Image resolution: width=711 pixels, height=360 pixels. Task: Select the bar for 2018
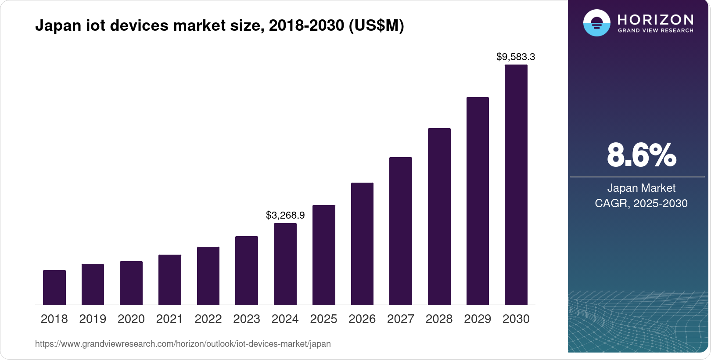(x=54, y=288)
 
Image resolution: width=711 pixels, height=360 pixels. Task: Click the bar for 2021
(x=170, y=280)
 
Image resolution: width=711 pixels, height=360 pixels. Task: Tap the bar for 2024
(x=285, y=264)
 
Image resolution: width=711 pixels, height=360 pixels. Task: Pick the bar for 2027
(x=400, y=231)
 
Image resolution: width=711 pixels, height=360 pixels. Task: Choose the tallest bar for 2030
(x=516, y=185)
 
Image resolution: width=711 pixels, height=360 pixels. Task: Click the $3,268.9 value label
(x=285, y=215)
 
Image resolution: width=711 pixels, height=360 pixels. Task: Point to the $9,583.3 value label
(x=516, y=57)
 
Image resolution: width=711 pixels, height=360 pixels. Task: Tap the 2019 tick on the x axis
(x=93, y=319)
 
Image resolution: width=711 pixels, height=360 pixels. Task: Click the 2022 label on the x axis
(x=208, y=319)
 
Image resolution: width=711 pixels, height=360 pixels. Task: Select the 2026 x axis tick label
(x=362, y=319)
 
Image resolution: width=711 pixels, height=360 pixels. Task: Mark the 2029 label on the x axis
(x=478, y=319)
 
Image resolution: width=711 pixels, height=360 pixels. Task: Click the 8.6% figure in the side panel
(x=641, y=155)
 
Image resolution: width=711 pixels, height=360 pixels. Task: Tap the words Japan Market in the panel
(x=641, y=188)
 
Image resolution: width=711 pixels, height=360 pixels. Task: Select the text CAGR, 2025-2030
(x=641, y=203)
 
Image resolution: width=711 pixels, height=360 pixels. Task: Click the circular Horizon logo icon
(x=596, y=23)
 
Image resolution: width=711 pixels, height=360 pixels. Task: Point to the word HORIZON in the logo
(x=656, y=19)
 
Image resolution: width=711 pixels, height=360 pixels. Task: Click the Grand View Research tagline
(x=656, y=31)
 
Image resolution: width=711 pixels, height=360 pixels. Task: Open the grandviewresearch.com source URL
(x=183, y=344)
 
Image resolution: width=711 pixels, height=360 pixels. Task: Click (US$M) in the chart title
(x=376, y=25)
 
